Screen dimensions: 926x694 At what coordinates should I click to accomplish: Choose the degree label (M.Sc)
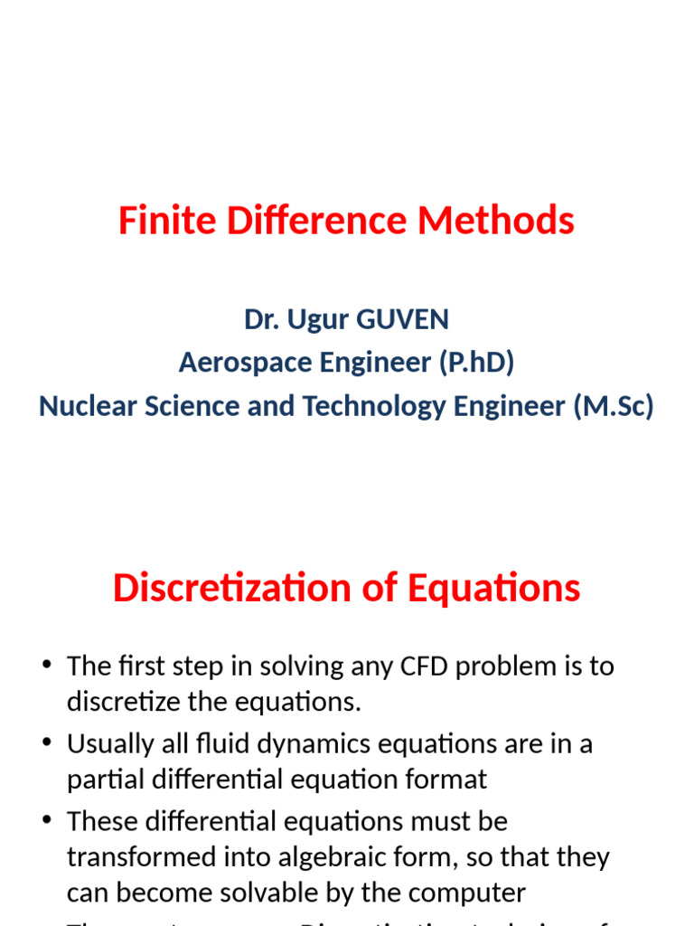pos(614,406)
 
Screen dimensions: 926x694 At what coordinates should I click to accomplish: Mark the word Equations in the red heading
pos(494,589)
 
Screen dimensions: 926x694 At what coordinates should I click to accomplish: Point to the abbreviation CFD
pos(420,666)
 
